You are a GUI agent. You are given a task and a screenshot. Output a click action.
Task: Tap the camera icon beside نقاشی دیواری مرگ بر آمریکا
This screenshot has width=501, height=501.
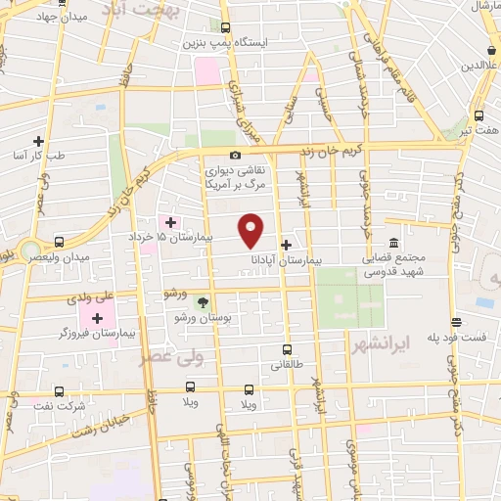235,156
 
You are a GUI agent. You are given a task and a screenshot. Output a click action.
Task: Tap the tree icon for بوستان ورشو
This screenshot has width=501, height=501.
203,302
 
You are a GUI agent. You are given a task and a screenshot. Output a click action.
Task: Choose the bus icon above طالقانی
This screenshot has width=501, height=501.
287,348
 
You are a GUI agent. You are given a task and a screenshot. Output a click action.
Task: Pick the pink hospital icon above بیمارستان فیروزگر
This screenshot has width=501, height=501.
97,317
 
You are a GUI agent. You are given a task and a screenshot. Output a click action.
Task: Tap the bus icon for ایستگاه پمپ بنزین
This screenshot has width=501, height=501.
226,27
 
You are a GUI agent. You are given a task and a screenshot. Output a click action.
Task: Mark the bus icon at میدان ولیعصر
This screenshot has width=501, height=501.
60,242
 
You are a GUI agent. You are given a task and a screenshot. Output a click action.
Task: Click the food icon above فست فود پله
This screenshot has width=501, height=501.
456,321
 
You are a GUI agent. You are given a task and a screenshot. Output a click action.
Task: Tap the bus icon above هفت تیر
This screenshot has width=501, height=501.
479,114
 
